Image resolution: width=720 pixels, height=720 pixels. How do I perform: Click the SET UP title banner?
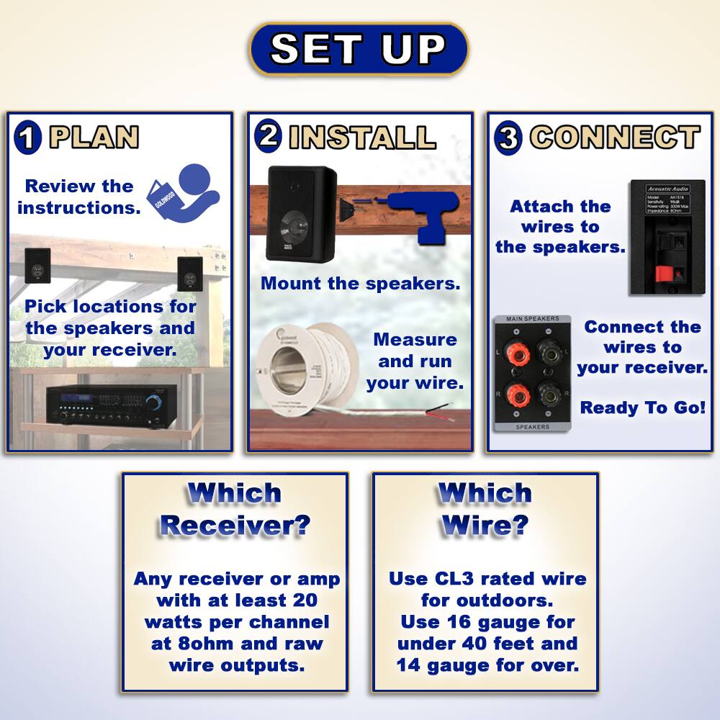point(359,49)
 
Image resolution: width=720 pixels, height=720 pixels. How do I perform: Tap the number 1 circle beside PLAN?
point(28,136)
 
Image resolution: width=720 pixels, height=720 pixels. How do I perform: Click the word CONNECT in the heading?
point(615,137)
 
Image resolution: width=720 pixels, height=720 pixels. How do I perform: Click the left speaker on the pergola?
point(37,264)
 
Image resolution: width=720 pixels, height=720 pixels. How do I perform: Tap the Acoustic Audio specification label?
point(666,200)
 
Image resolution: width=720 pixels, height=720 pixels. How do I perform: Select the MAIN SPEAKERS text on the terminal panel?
point(532,319)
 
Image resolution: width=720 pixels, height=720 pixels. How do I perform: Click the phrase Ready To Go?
point(642,408)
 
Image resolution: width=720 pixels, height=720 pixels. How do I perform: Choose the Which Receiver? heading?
point(235,509)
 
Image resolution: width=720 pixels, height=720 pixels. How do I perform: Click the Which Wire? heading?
point(485,509)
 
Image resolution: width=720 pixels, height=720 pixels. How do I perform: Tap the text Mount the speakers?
point(360,283)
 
